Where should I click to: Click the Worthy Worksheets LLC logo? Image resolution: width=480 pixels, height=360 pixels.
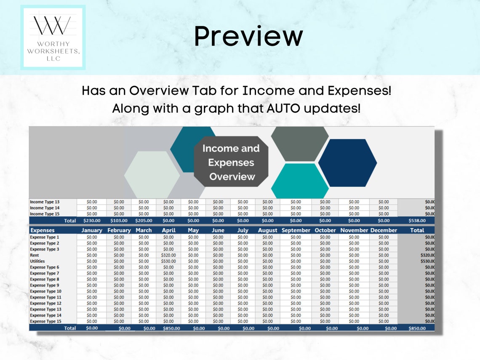(53, 37)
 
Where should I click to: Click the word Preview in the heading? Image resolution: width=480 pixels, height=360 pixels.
(248, 36)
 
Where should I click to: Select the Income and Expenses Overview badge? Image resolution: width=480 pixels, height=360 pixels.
(231, 162)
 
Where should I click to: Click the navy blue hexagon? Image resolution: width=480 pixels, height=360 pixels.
(347, 163)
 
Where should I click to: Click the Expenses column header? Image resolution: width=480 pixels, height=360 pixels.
(42, 230)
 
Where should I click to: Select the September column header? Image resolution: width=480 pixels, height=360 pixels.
(296, 230)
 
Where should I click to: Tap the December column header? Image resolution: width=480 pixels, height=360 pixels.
(384, 230)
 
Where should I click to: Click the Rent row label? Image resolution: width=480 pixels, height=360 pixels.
(35, 255)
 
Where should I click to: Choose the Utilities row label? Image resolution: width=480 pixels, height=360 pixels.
(37, 261)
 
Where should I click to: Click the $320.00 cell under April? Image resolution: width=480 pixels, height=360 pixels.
(168, 255)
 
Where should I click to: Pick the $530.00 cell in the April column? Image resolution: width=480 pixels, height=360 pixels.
(168, 261)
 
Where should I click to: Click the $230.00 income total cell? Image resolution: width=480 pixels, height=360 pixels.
(91, 220)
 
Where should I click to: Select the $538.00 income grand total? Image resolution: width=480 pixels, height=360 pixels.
(417, 220)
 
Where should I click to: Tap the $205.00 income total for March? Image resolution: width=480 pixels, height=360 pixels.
(144, 220)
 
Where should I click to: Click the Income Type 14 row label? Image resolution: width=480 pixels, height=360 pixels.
(45, 208)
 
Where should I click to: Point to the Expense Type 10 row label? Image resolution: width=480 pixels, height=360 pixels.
(45, 291)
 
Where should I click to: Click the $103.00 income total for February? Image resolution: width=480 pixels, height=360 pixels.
(119, 220)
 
